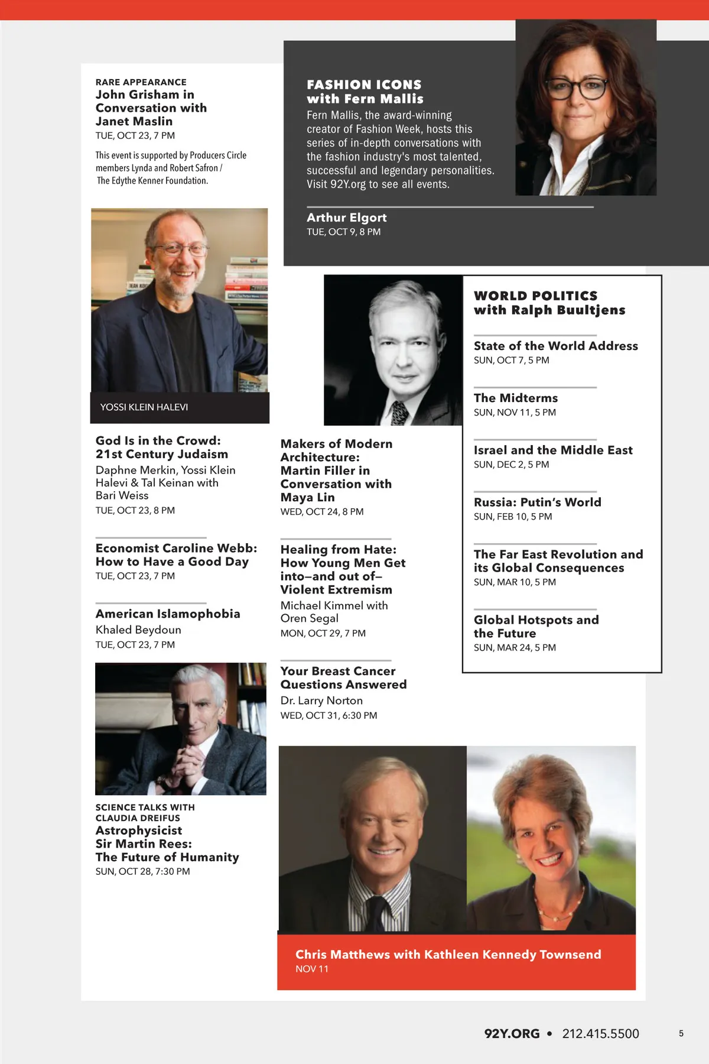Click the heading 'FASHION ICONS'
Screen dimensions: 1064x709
364,85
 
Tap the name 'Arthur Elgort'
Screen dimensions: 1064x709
346,218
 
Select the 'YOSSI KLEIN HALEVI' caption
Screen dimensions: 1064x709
144,407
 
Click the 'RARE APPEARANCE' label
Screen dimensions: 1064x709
141,82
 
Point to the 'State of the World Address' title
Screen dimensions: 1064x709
555,346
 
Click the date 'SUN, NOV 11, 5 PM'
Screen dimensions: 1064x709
515,413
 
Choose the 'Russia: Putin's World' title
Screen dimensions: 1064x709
537,502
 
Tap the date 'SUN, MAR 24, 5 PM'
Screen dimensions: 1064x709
515,648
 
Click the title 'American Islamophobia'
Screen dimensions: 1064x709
168,614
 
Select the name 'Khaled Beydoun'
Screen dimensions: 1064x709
138,630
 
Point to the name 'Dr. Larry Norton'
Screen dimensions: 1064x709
321,700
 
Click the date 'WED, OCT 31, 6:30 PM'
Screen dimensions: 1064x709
329,716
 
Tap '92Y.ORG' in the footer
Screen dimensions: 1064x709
512,1034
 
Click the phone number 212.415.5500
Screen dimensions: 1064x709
600,1034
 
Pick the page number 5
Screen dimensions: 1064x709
681,1034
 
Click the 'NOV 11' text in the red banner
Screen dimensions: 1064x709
312,969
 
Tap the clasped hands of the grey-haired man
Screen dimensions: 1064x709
181,765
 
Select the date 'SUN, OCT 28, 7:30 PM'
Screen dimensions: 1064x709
142,872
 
